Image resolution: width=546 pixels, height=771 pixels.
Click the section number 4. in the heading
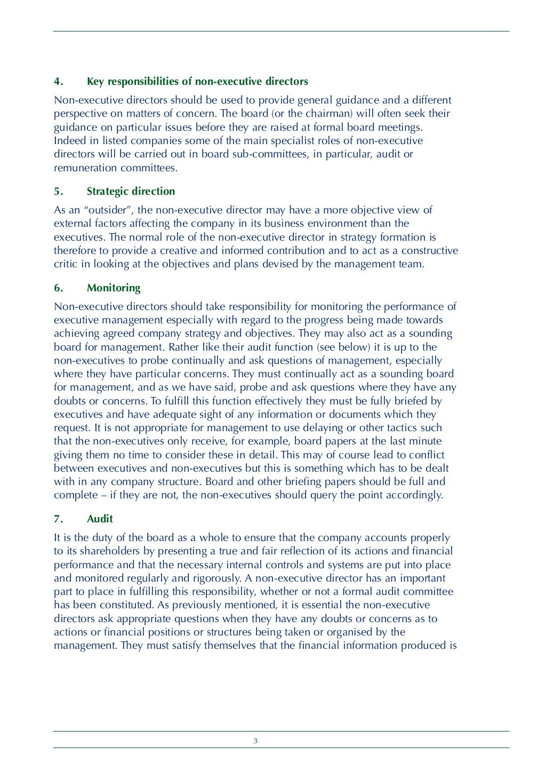[59, 82]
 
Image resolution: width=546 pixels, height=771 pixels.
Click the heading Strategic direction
[131, 192]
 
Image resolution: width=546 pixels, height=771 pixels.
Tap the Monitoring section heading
[114, 288]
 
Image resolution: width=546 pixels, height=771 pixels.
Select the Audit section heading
[100, 519]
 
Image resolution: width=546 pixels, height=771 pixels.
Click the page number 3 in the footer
[255, 741]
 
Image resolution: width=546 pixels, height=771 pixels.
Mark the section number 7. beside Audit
[59, 519]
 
